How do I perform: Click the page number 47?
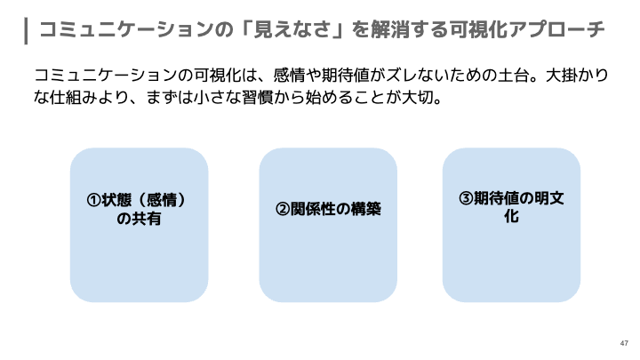tap(623, 342)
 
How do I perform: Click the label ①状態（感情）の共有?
tap(140, 209)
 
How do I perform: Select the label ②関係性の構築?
tap(328, 209)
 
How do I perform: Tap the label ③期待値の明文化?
tap(511, 207)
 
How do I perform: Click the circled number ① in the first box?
tap(93, 200)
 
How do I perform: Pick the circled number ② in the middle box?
tap(283, 209)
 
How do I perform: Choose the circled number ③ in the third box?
tap(466, 198)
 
